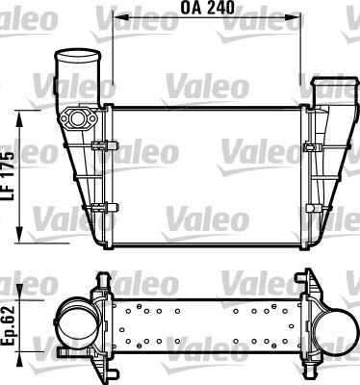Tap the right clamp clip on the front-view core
pyautogui.click(x=312, y=147)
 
